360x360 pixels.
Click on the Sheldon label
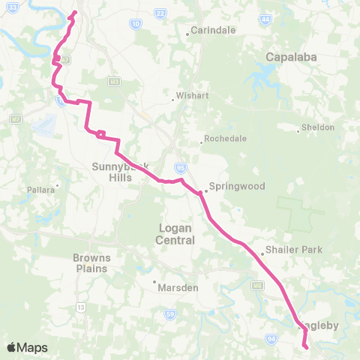[319, 128]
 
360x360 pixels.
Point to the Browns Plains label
[91, 263]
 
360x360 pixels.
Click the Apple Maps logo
[27, 347]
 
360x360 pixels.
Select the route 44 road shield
[265, 20]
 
